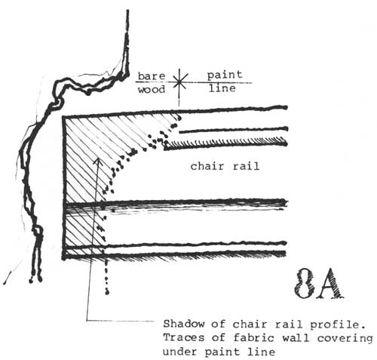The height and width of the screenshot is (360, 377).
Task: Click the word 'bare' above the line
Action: pos(152,76)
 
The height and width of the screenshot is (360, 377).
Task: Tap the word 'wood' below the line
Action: pos(152,90)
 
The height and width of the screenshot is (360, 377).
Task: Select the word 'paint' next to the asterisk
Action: pos(225,75)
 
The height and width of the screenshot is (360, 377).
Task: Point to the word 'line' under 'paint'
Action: pos(222,88)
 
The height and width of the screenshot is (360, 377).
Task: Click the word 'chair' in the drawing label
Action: pos(207,166)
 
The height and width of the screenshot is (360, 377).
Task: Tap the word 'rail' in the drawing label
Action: pos(246,166)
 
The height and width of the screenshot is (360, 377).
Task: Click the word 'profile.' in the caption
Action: pos(338,325)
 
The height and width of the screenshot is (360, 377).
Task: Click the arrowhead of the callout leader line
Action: pos(99,160)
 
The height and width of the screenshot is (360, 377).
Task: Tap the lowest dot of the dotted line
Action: pos(107,292)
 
